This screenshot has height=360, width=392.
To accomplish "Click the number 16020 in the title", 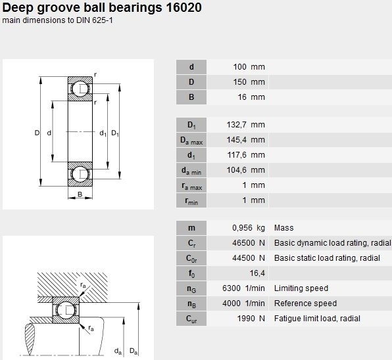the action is (184, 7).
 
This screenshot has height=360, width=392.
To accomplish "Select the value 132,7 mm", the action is (245, 125).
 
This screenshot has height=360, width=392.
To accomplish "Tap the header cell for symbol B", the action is (191, 97).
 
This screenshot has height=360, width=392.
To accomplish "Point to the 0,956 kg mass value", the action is (248, 228).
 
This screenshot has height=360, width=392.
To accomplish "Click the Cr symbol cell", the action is (191, 243).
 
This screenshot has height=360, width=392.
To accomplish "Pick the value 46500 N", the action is (248, 243).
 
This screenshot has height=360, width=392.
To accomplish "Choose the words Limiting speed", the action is (301, 288).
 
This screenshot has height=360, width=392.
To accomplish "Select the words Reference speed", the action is (305, 304).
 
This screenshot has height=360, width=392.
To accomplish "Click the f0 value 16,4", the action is (257, 273).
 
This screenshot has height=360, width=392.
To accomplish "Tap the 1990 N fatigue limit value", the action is (251, 319).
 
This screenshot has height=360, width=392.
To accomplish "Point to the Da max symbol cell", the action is (191, 140).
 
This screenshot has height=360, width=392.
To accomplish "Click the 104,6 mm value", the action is (245, 170).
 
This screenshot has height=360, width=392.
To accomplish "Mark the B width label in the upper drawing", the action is (80, 194).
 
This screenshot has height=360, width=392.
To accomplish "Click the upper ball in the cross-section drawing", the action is (80, 89).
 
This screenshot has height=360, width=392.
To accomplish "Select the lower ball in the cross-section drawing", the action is (80, 174).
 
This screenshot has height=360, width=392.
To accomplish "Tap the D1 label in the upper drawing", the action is (114, 133).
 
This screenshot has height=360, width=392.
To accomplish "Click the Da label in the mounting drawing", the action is (134, 351).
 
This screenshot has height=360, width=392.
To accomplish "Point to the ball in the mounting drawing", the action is (66, 310).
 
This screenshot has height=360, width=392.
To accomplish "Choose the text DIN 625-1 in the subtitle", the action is (95, 20).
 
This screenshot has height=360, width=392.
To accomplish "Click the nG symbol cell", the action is (191, 288).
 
